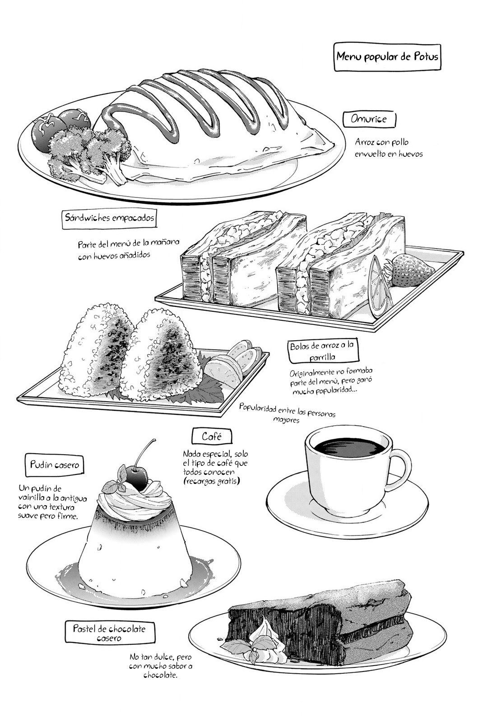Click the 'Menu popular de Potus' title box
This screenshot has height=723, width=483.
pos(387,57)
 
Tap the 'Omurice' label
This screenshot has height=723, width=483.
pos(369,119)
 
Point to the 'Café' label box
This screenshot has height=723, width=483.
pos(212,437)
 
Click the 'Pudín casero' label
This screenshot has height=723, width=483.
pos(54,465)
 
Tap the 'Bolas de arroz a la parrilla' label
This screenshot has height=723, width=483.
pos(323,351)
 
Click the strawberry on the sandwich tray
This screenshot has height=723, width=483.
pos(411,271)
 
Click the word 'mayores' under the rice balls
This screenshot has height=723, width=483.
pos(286,420)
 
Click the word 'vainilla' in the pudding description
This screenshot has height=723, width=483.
pos(31,498)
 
